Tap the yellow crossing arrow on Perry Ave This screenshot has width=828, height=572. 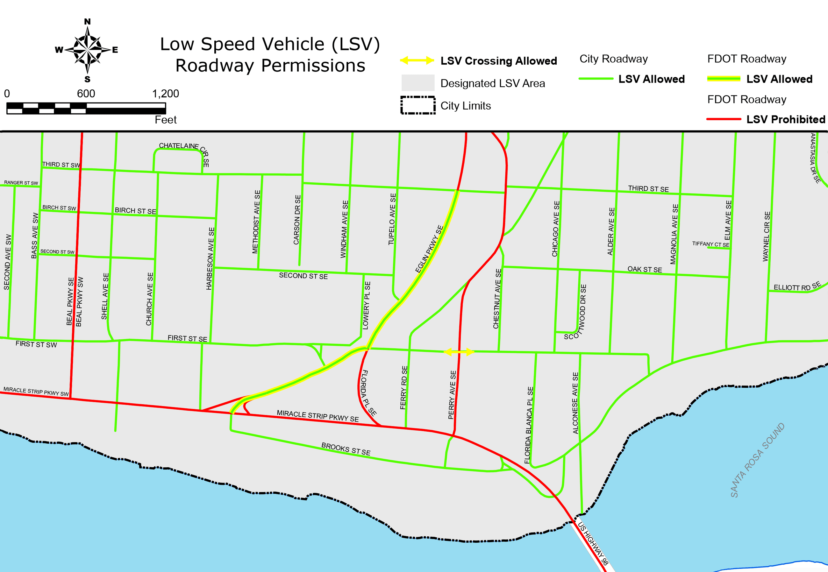459,352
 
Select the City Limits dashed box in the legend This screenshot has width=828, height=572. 418,105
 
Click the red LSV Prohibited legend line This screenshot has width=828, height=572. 723,119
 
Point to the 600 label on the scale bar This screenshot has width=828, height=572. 86,94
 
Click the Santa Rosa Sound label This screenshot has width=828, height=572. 757,460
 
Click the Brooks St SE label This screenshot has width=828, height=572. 346,449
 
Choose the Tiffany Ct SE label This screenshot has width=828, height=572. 710,244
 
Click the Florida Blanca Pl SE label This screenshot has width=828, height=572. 529,425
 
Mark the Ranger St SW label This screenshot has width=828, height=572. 21,183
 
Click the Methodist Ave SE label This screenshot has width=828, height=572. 256,222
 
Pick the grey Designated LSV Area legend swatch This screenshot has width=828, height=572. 418,83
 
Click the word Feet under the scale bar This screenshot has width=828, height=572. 166,120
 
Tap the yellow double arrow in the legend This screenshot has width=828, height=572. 417,60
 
